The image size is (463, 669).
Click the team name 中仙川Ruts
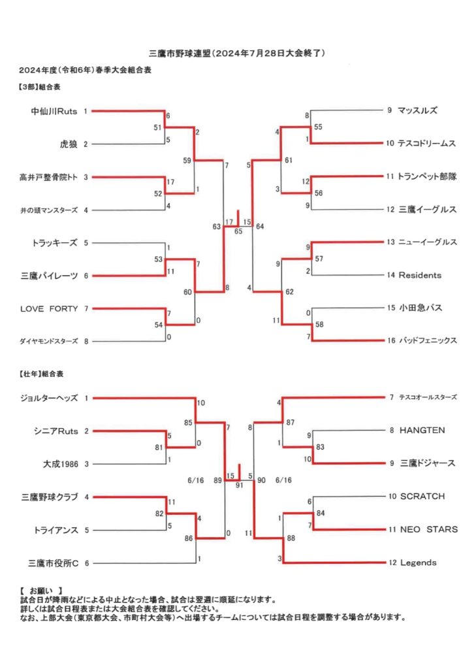click(54, 111)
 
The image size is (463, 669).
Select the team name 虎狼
click(68, 144)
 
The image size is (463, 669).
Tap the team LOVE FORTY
click(49, 308)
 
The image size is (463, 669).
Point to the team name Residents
click(420, 275)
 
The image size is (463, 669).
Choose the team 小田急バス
click(421, 308)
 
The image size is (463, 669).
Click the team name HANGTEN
click(422, 430)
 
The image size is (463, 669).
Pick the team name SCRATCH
click(423, 497)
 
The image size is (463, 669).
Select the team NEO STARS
click(429, 529)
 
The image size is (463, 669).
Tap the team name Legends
click(418, 563)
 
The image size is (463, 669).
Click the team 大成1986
click(61, 464)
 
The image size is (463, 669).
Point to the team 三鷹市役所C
click(54, 563)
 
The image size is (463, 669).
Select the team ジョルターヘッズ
click(49, 398)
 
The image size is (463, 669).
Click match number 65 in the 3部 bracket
click(238, 231)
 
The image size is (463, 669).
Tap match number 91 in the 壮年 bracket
click(239, 485)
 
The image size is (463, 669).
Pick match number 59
click(187, 161)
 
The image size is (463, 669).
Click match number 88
click(291, 538)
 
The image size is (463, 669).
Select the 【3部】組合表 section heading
click(39, 87)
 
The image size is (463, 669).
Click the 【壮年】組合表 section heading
click(41, 374)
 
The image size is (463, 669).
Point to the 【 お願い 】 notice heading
click(42, 591)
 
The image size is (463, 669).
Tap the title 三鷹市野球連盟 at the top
click(180, 54)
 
